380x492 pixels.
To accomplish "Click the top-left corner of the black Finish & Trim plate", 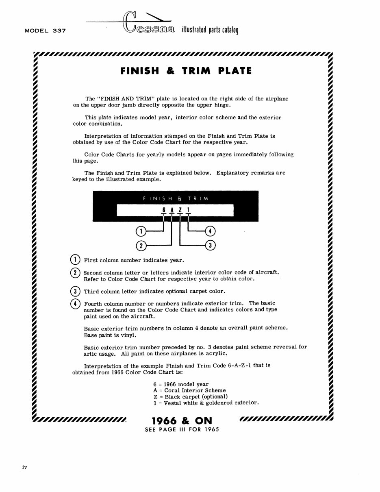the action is click(93, 191).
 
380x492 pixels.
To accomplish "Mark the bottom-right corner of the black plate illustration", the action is click(258, 222).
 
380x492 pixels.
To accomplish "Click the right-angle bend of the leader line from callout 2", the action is click(172, 245).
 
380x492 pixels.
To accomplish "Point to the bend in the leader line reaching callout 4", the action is click(188, 231).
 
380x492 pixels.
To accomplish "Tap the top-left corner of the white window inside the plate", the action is click(117, 205).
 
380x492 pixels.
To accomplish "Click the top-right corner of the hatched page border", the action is click(332, 52).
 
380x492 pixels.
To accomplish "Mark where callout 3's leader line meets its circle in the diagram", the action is click(205, 245).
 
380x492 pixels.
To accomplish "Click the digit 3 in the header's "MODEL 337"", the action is click(55, 30).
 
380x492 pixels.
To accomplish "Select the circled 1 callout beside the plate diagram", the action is click(141, 231).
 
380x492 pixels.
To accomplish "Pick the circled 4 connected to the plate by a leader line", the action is click(210, 231).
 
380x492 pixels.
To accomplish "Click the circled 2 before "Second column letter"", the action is click(75, 272).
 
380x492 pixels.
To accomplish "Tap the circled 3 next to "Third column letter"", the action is click(75, 291).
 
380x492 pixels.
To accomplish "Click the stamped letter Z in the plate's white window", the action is click(180, 210).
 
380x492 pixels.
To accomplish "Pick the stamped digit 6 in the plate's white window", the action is click(164, 210).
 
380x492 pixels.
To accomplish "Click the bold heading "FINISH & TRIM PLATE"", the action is click(186, 71).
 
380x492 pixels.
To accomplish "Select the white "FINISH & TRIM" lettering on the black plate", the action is click(176, 198).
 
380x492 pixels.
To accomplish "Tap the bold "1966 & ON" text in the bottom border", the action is click(182, 421).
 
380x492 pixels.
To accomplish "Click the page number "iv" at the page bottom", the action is click(24, 467).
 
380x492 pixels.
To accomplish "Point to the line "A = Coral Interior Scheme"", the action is click(189, 390).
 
